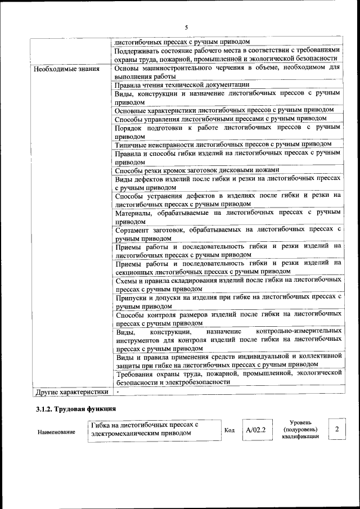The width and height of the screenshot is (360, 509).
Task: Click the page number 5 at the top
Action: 186,27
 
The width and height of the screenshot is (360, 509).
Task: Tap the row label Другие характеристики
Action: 71,391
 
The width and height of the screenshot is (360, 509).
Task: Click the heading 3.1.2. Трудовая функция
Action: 76,409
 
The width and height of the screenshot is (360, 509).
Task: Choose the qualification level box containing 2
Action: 336,430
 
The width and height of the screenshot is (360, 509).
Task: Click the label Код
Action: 229,430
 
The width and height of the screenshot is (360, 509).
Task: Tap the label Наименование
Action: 56,432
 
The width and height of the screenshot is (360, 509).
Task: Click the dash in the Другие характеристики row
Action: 118,391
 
